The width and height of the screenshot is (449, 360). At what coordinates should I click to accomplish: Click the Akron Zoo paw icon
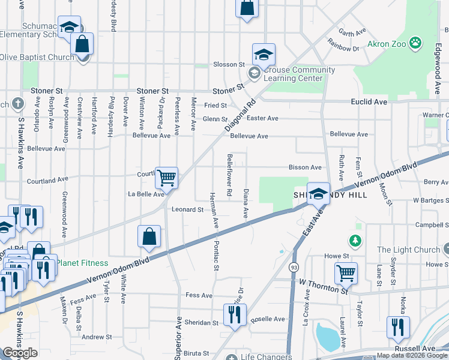coord(415,42)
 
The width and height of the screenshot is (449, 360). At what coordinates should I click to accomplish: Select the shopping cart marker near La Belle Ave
coord(166,178)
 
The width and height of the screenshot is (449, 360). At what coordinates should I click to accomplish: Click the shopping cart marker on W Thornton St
coord(346,273)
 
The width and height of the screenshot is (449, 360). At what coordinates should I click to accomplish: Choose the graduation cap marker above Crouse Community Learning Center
coord(264,55)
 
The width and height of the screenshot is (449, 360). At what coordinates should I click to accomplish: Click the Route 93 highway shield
coord(294,267)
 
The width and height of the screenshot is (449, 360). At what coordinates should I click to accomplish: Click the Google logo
coord(20,353)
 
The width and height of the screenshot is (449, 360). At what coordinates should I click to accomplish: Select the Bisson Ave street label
coord(305,167)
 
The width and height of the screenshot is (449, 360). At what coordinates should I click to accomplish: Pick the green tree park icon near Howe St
coord(356,241)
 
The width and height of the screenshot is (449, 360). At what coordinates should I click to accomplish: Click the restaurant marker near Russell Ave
coord(398,327)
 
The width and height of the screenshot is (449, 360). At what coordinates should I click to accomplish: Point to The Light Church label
coord(408,250)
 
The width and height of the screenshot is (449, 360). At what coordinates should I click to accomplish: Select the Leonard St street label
coord(188,209)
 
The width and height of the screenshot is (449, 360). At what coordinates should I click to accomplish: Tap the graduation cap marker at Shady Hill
coord(318,193)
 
